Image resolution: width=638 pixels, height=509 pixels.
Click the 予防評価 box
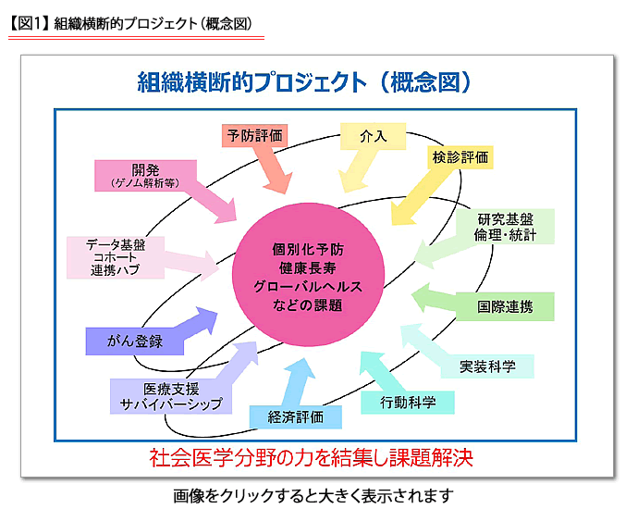point(254,136)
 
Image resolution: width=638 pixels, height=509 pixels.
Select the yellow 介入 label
point(374,136)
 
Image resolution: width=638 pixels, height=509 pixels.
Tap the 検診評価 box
point(460,157)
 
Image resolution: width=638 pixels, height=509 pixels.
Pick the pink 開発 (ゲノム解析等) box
point(145,176)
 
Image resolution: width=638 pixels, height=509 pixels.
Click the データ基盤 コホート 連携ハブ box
point(116,257)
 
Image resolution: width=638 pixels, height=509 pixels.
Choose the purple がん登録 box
point(135,341)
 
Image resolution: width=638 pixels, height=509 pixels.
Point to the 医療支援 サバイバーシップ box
point(171,396)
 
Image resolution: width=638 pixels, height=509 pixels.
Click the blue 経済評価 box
point(295,417)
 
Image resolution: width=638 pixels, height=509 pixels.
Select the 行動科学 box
point(408,403)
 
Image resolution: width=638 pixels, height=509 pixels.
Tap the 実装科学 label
point(487,366)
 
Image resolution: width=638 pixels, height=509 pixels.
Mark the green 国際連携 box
point(505,306)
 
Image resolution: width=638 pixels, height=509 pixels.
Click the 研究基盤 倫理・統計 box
point(505,227)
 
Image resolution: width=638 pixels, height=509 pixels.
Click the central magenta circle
point(308,275)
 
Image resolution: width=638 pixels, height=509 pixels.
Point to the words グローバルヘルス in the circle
point(308,286)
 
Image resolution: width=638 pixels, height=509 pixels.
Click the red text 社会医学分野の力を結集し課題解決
point(311,458)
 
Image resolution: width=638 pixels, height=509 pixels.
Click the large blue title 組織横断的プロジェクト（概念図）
point(305,81)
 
